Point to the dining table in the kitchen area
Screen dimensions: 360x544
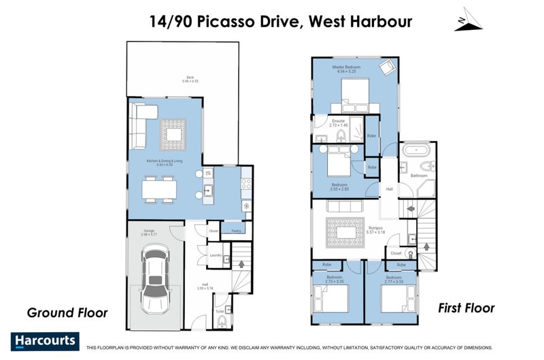pos(160,189)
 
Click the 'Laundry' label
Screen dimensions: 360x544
pos(216,255)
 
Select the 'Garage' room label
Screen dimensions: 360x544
pos(148,231)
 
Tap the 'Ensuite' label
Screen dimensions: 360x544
pos(338,122)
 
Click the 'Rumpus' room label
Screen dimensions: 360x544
pos(375,228)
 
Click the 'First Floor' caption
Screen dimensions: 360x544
pos(467,308)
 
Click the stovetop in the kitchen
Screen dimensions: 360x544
pos(247,183)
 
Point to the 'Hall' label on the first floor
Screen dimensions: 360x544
pos(390,189)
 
